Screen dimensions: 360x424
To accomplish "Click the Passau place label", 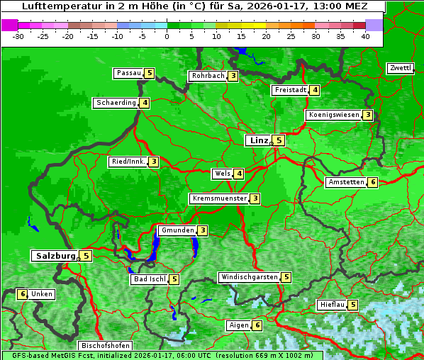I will pos(128,73).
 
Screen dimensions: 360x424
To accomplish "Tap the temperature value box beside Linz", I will pos(279,140).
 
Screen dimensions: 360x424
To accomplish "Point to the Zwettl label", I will pos(400,68).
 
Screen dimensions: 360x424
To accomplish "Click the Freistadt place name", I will pos(291,90).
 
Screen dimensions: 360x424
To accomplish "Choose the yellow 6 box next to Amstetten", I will pos(373,182).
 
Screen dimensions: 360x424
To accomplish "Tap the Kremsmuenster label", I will pos(219,198).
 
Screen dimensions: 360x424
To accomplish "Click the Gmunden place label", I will pos(177,230).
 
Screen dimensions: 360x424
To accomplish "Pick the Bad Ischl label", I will pos(149,279).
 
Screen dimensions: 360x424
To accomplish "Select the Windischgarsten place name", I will pos(249,277).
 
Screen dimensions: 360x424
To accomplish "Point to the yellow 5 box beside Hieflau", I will pos(353,305).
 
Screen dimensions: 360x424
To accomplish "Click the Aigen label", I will pos(238,325).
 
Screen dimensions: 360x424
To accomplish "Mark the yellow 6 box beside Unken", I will pos(23,294).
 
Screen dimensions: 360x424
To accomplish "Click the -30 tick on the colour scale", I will pos(18,36).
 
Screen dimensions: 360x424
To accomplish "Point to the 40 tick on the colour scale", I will pos(365,36).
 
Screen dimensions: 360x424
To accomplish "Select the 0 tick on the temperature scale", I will pos(167,36).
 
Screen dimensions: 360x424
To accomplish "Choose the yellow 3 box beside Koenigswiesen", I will pos(367,115).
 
